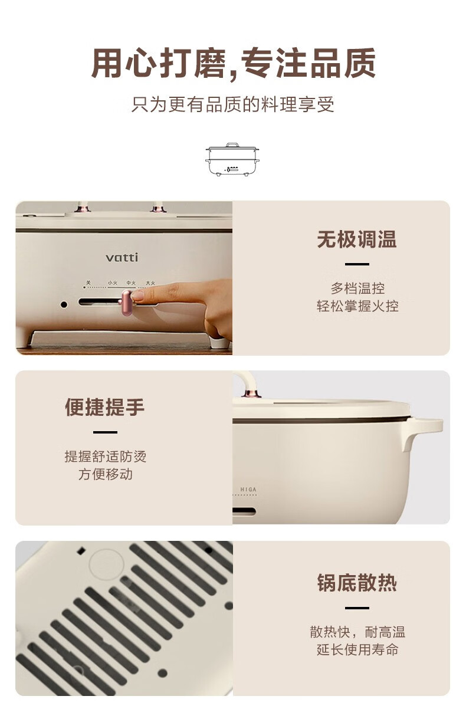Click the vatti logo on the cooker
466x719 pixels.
[122, 257]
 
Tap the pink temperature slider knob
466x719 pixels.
[126, 303]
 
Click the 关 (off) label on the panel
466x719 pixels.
[88, 283]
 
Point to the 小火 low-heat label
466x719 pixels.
[112, 283]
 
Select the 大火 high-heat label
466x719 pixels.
[150, 283]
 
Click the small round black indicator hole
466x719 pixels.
[64, 304]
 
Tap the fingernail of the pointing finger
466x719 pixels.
[137, 295]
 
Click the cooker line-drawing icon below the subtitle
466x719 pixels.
[232, 159]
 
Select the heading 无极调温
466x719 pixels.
[357, 239]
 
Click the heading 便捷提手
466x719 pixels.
[105, 408]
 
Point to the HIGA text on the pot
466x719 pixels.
[248, 490]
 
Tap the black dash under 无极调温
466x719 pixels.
[357, 264]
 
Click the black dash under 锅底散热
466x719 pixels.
[357, 608]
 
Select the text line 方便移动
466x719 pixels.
[105, 474]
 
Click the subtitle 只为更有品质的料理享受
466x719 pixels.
[232, 104]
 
